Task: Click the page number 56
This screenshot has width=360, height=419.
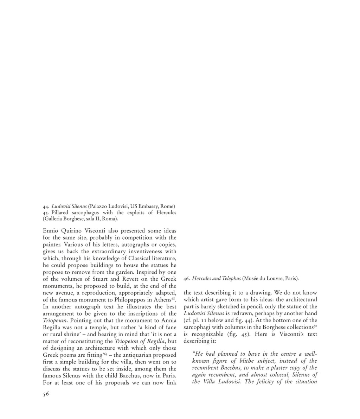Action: pos(46,394)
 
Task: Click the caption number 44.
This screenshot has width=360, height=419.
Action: pos(46,206)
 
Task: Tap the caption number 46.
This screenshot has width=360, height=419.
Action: pos(187,279)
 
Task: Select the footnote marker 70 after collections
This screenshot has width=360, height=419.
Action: pos(315,326)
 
